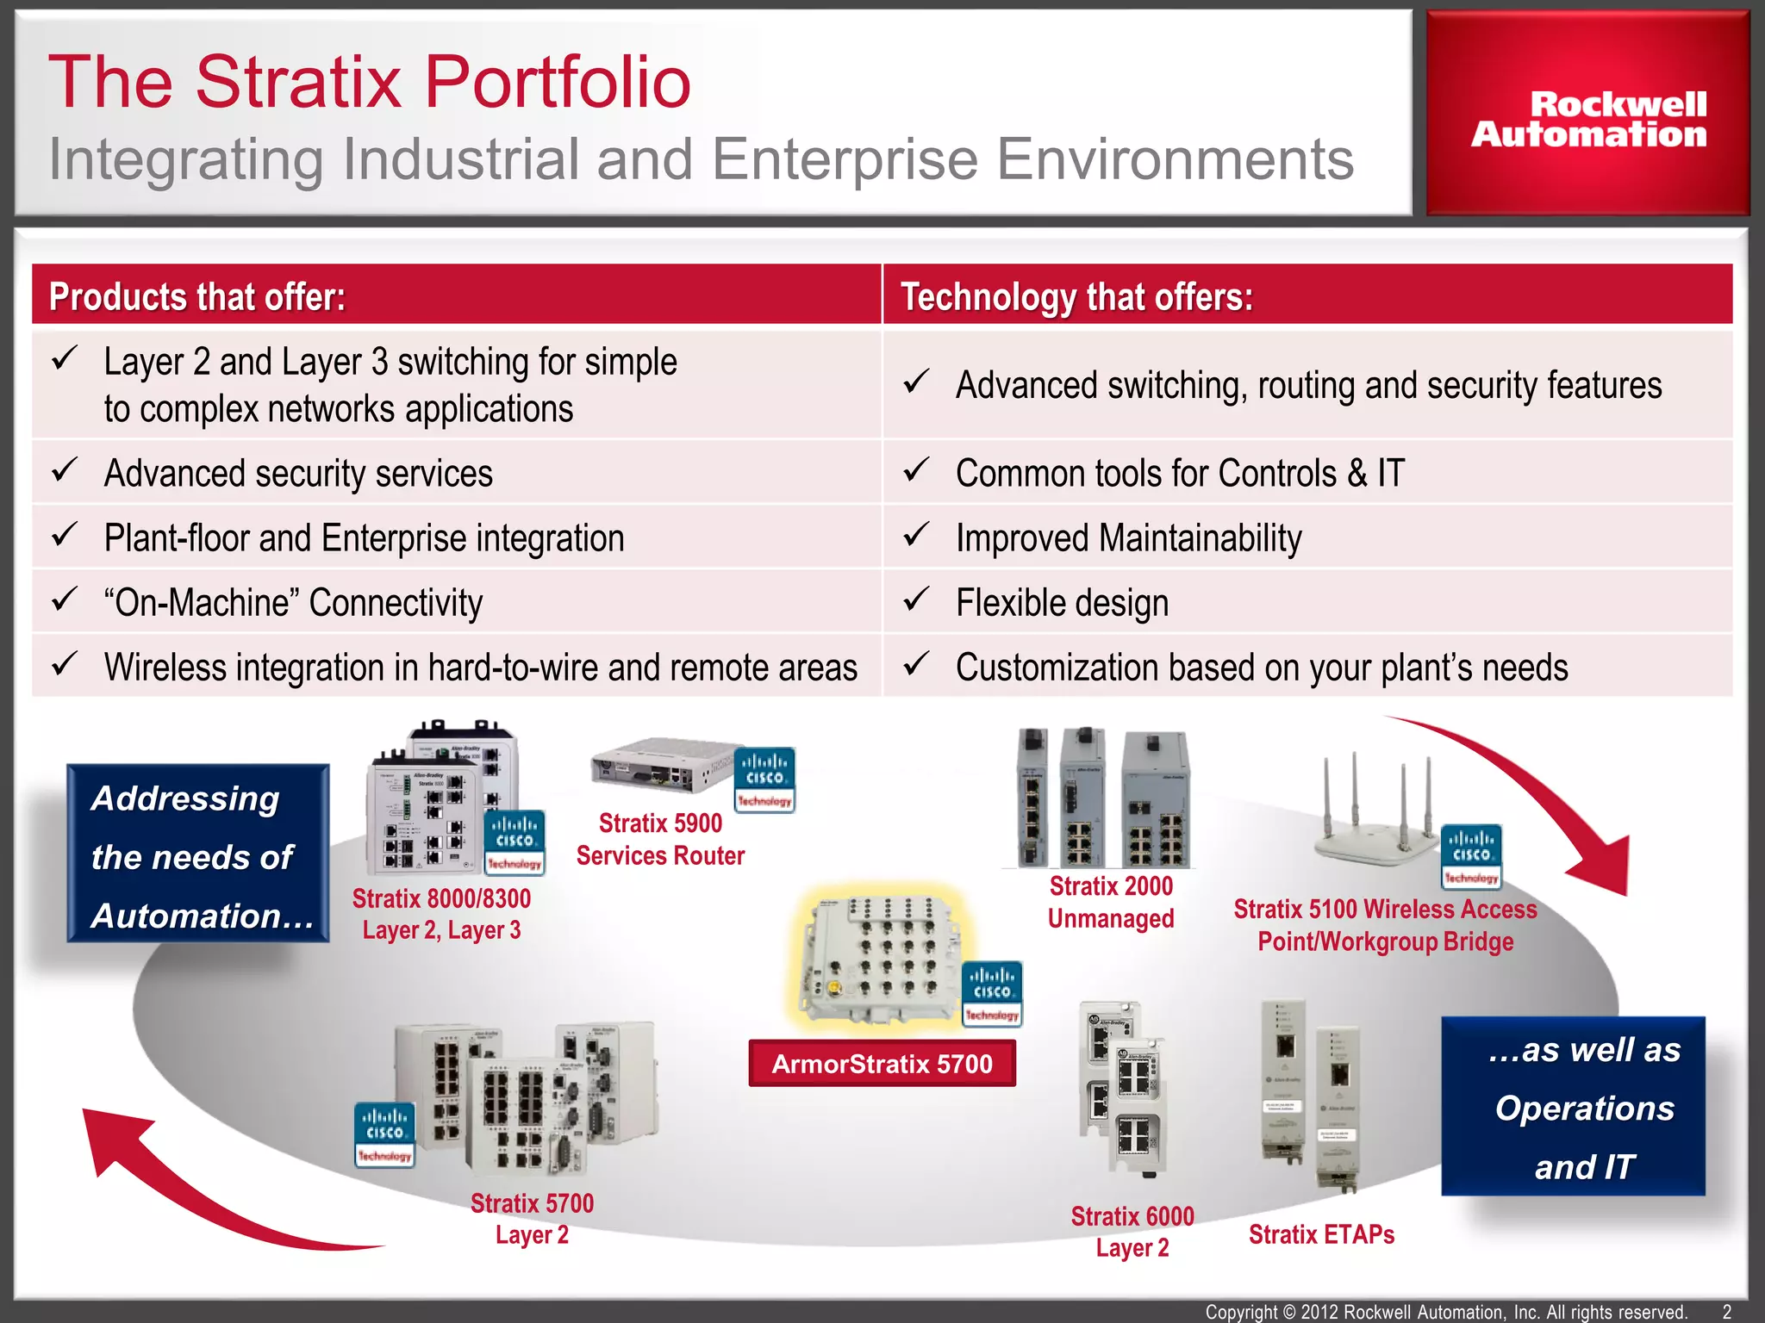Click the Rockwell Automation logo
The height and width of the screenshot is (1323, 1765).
[1587, 119]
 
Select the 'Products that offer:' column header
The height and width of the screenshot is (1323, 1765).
[197, 297]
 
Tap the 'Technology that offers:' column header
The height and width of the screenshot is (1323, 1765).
[1076, 297]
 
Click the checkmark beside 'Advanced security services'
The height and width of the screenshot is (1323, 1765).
[65, 470]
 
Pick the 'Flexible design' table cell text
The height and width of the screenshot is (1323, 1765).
[1062, 603]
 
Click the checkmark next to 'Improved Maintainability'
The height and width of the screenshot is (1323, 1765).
[916, 535]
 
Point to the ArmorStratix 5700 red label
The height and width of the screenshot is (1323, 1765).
[882, 1064]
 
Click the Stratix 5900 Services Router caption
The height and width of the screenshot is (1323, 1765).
[660, 839]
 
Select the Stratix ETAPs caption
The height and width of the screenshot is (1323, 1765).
[1321, 1234]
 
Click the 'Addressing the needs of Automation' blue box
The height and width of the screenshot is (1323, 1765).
[198, 854]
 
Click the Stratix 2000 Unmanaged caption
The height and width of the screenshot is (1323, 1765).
[1111, 902]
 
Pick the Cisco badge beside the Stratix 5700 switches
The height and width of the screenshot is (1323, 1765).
[384, 1135]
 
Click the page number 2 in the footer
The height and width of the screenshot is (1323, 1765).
[1726, 1312]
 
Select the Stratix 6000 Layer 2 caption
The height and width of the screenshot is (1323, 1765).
[1132, 1232]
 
